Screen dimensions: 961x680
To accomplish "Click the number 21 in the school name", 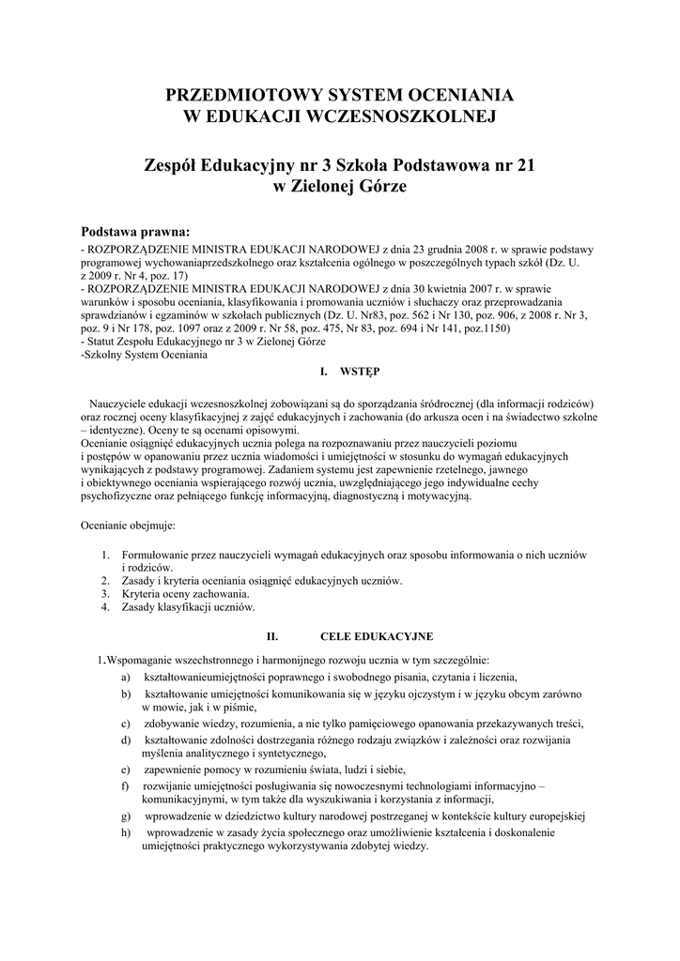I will coord(524,165).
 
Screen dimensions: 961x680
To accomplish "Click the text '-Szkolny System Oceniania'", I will coord(145,355).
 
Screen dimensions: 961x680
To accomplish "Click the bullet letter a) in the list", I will coord(126,677).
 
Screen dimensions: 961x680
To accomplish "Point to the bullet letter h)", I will coord(126,831).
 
